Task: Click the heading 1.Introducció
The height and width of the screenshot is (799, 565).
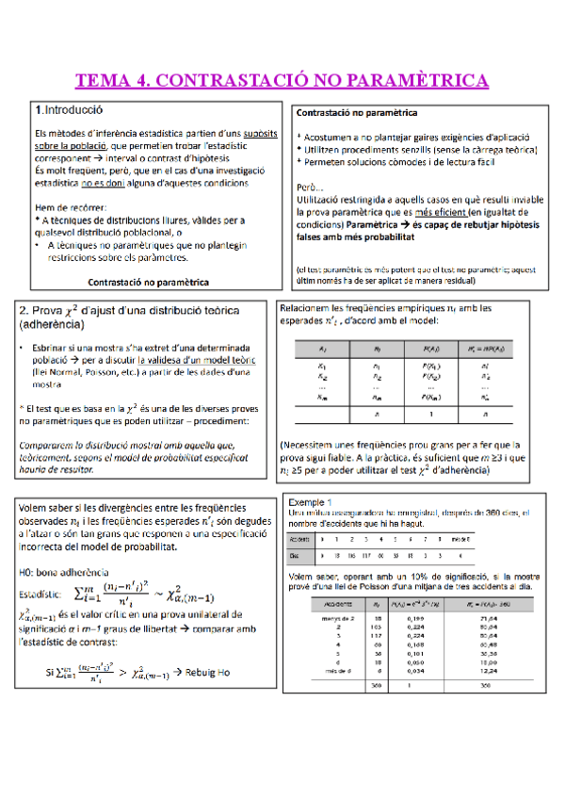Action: [x=69, y=108]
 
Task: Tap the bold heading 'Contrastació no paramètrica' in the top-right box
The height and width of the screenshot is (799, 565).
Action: [x=358, y=113]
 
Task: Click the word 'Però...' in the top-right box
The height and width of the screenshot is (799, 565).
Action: [x=311, y=188]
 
